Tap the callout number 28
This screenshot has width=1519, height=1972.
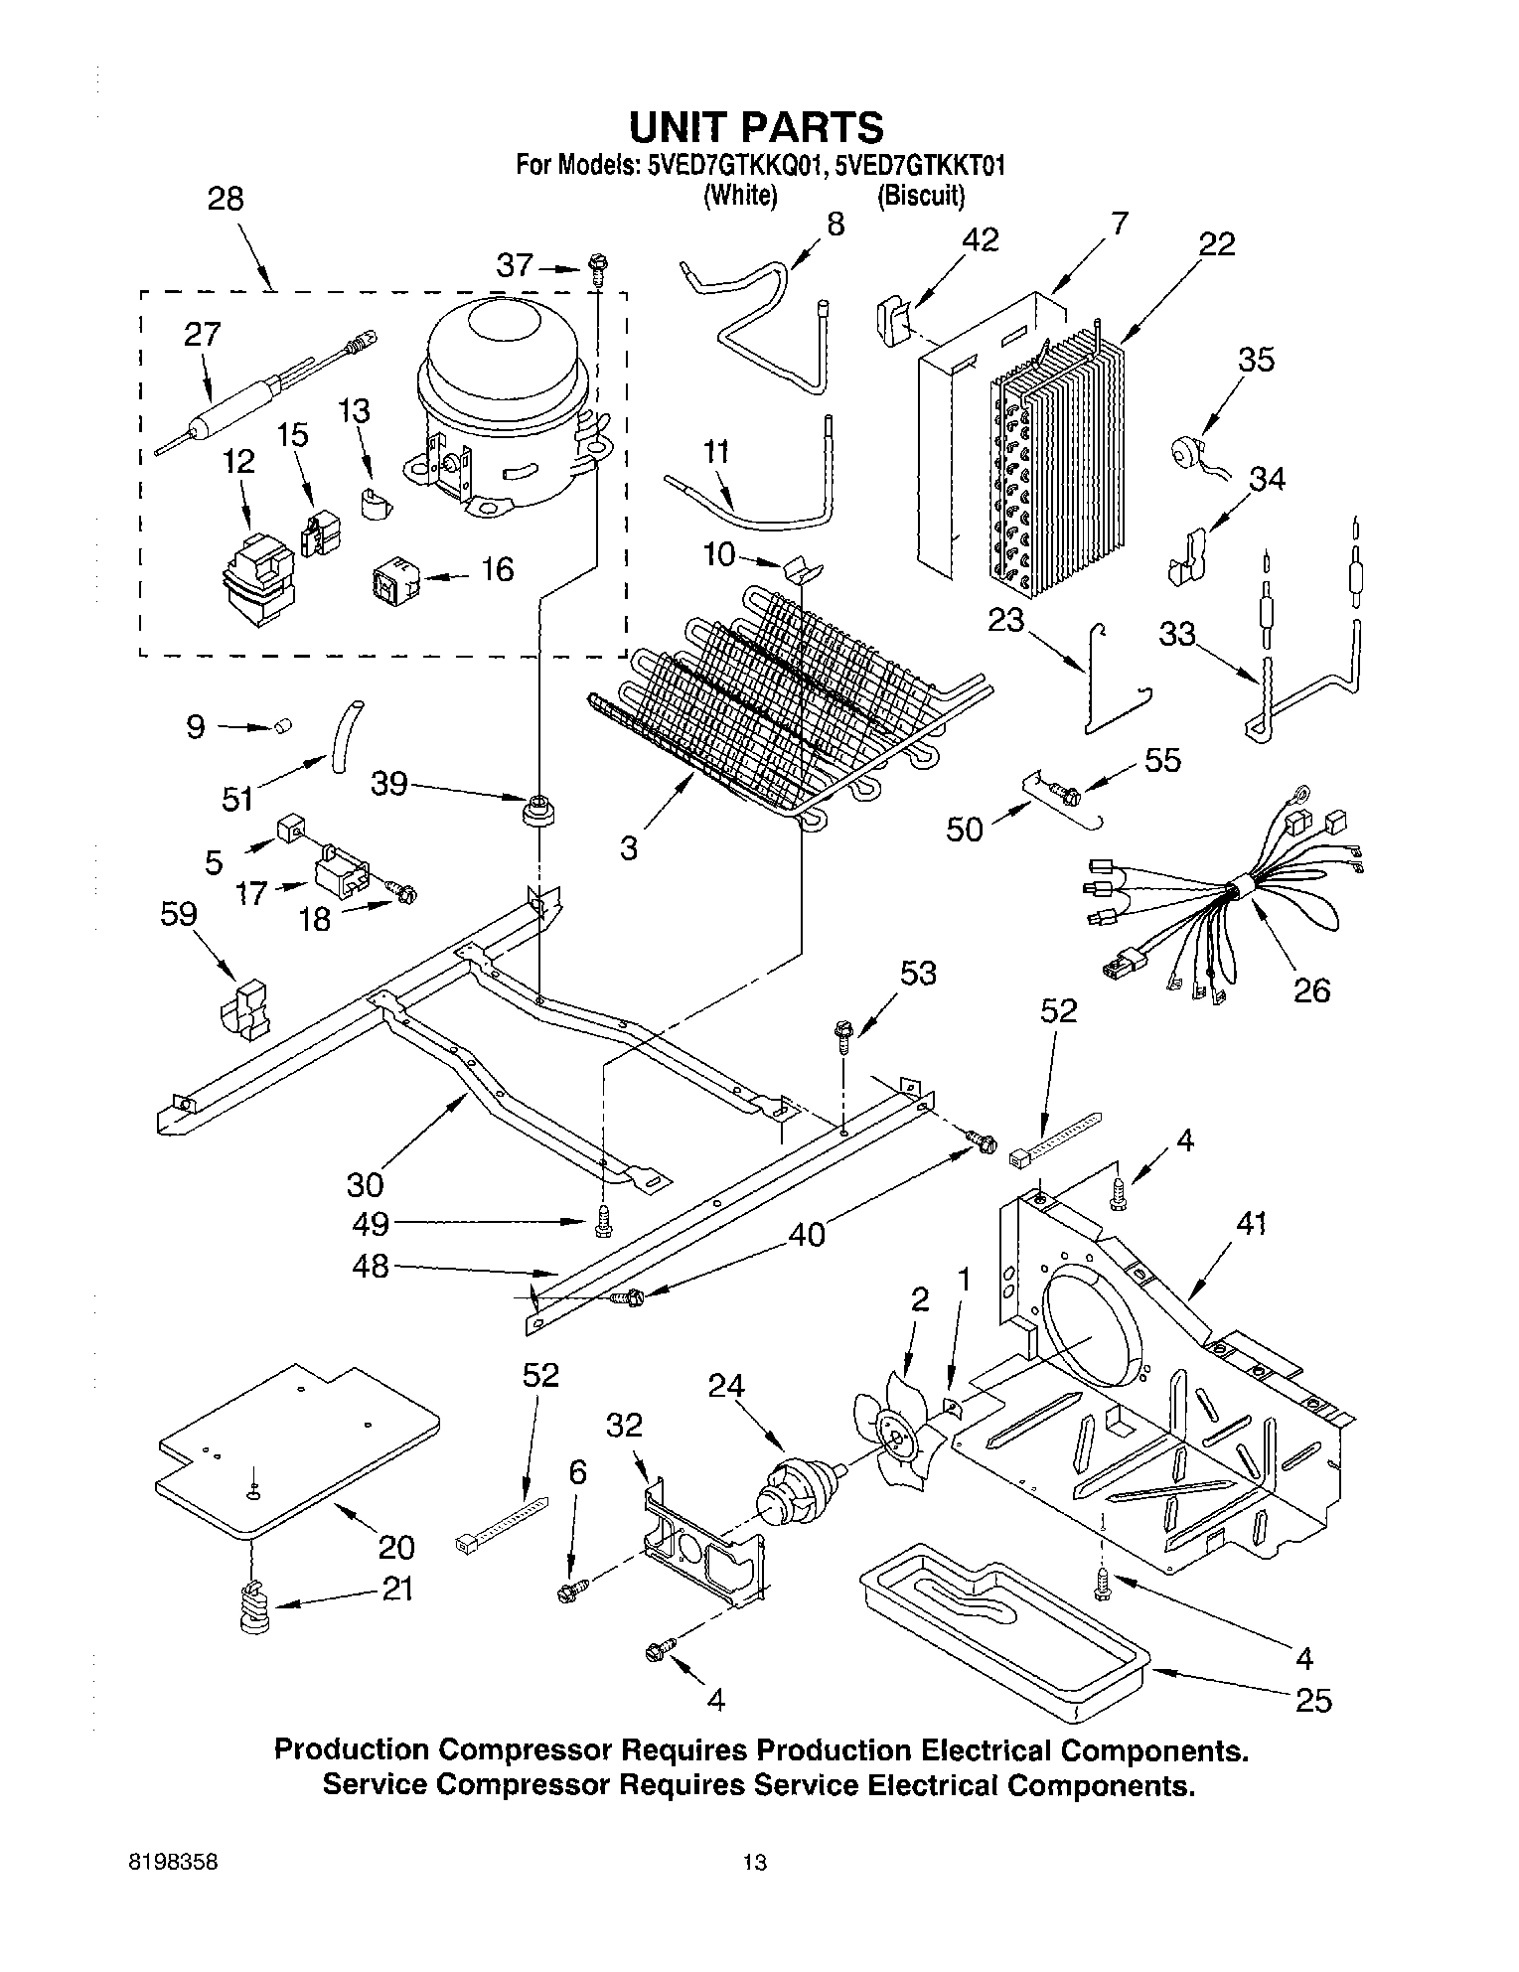click(x=226, y=199)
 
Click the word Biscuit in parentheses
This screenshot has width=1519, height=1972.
click(x=920, y=196)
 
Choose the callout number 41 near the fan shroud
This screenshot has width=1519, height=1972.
click(x=1251, y=1224)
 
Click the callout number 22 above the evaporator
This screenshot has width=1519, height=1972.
click(x=1216, y=243)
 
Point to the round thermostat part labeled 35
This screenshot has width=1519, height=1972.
click(x=1185, y=447)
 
